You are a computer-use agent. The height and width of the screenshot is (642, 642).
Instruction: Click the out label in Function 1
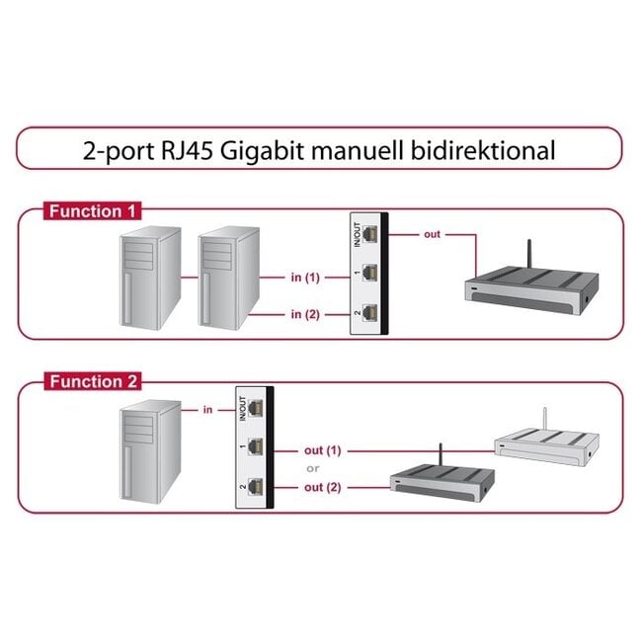click(x=433, y=234)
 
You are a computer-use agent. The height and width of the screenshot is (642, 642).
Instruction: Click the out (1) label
click(x=322, y=450)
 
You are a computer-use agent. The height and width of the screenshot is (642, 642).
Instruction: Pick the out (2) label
click(x=322, y=487)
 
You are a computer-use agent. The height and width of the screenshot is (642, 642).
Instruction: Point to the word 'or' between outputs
click(x=312, y=468)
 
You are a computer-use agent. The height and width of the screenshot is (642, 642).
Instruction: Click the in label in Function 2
click(x=207, y=408)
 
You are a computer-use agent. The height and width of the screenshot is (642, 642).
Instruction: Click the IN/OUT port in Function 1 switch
click(x=370, y=234)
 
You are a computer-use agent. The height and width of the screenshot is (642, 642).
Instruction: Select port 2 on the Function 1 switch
click(x=370, y=313)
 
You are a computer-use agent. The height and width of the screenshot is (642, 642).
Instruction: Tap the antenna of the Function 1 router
click(x=528, y=255)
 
